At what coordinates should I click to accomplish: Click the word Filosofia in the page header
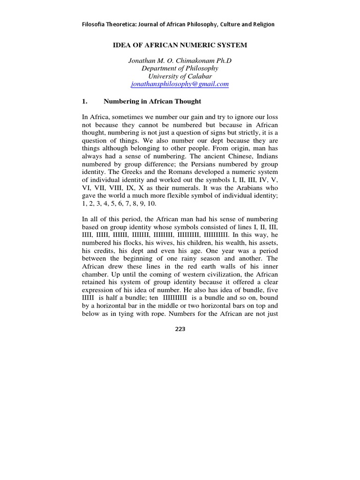(x=96, y=24)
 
